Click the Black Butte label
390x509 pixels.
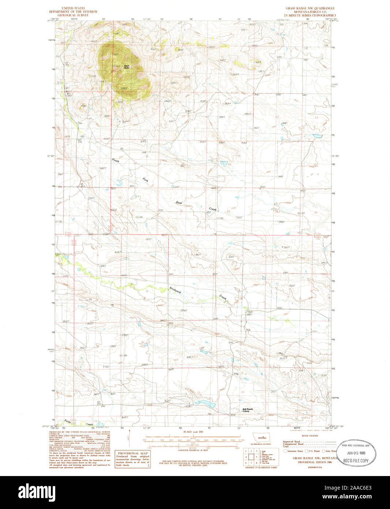click(127, 67)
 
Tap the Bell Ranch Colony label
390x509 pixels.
click(248, 410)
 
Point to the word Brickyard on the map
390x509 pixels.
click(175, 289)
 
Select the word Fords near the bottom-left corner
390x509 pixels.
click(67, 421)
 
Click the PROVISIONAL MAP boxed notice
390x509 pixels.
click(132, 459)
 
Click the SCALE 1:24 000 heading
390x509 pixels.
click(192, 432)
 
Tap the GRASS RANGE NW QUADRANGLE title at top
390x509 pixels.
click(310, 8)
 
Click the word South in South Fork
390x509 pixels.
click(116, 161)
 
